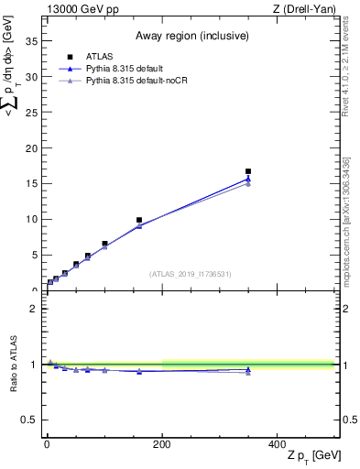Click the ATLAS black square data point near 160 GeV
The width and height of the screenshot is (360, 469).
(x=139, y=220)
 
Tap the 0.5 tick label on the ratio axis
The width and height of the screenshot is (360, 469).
(x=30, y=420)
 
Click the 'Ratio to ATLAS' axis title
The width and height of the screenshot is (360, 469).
(x=12, y=364)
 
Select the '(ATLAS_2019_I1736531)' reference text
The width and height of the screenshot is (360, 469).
(x=191, y=274)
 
